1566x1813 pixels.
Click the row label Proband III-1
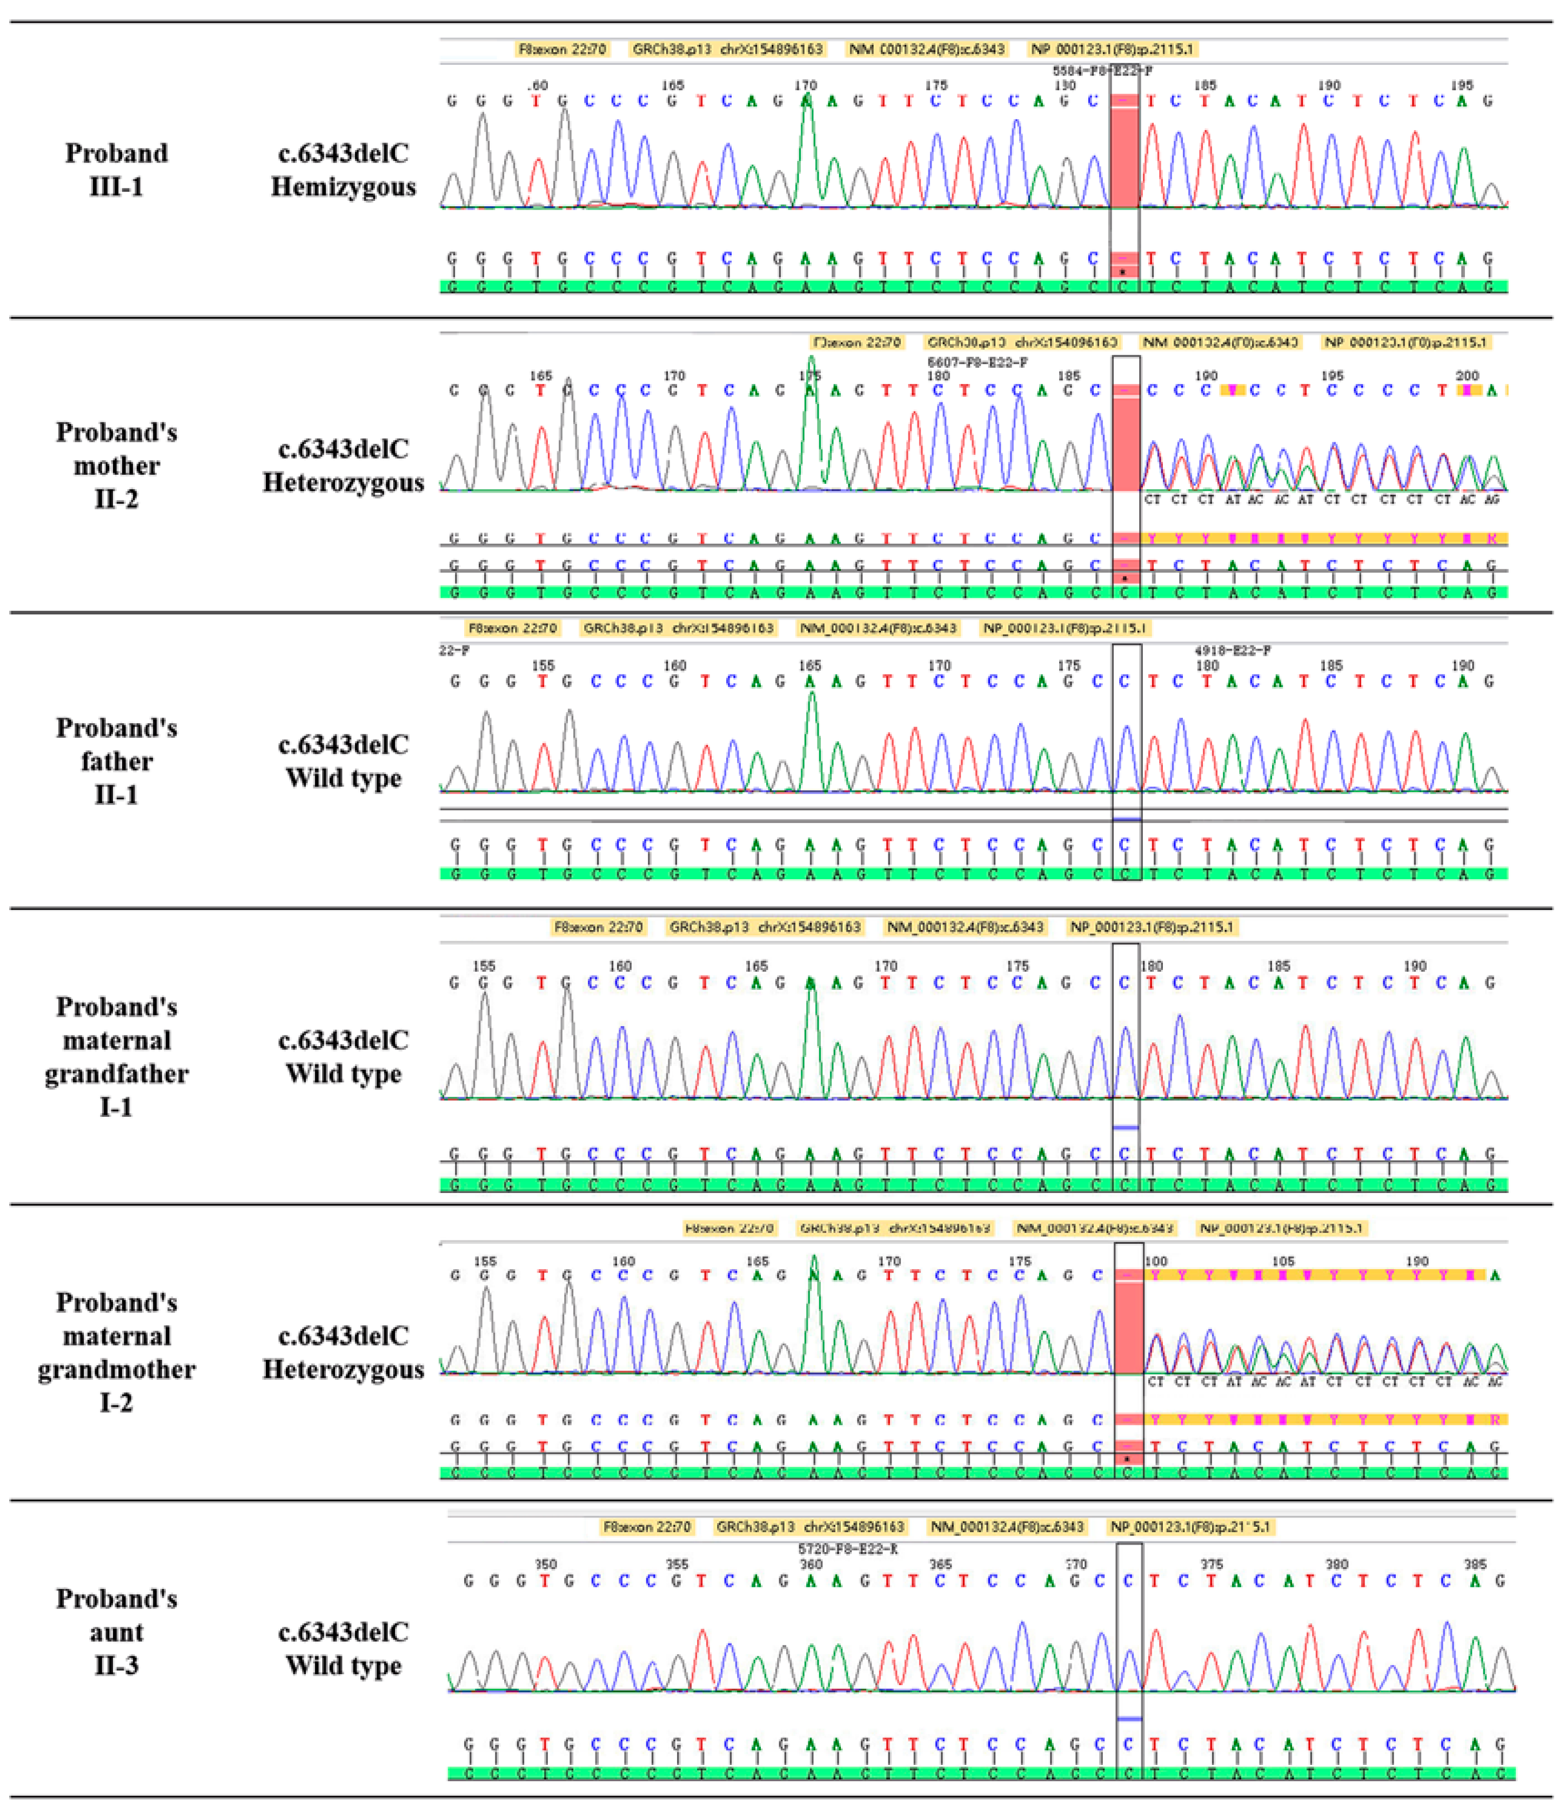point(116,170)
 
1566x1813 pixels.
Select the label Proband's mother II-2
point(116,466)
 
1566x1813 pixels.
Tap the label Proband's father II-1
point(116,761)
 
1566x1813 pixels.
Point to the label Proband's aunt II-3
point(116,1632)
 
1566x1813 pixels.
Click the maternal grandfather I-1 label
point(116,1057)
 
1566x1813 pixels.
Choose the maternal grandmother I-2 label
point(116,1353)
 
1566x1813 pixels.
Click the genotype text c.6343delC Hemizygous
point(343,170)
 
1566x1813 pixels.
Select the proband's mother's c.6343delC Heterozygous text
point(343,466)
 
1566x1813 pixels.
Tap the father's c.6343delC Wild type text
point(343,761)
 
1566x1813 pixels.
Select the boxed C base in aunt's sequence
point(1129,1581)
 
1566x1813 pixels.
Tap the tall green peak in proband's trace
point(807,149)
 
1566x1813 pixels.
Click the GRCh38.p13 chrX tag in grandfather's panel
point(764,927)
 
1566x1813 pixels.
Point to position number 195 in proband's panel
point(1461,86)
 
